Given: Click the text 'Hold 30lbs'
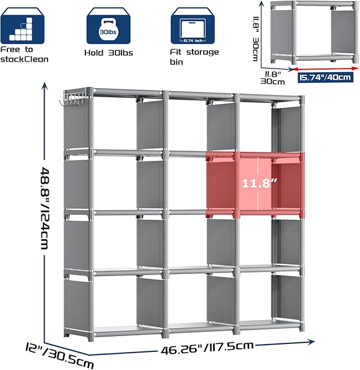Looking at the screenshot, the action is [x=109, y=53].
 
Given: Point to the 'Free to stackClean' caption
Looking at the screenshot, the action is [x=24, y=54].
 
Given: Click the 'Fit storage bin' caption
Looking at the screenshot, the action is [x=195, y=57].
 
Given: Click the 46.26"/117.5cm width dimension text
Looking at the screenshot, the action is [x=207, y=348].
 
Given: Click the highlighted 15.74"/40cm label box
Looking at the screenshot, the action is [x=326, y=78].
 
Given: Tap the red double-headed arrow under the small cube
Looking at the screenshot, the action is [x=326, y=68].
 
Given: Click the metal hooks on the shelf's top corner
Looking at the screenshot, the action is [x=72, y=99].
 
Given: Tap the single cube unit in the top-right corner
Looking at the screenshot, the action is [x=314, y=32].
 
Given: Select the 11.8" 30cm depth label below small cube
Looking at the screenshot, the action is [x=273, y=78].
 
